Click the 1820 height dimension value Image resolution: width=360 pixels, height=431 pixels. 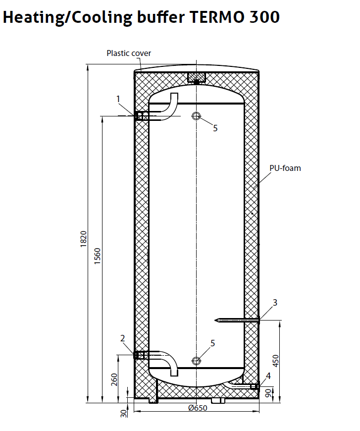click(84, 239)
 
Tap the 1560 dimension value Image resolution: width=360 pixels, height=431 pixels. click(98, 256)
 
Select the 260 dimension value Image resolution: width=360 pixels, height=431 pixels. click(114, 379)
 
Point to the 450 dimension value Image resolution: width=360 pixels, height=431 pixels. click(276, 361)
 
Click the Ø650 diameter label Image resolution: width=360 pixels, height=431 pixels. click(198, 408)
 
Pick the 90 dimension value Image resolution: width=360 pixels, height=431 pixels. click(268, 393)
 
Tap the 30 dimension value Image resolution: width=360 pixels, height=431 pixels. click(124, 413)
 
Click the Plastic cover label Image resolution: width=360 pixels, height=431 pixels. click(129, 53)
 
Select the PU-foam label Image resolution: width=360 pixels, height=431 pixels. click(285, 168)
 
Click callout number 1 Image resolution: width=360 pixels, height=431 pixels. click(118, 99)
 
